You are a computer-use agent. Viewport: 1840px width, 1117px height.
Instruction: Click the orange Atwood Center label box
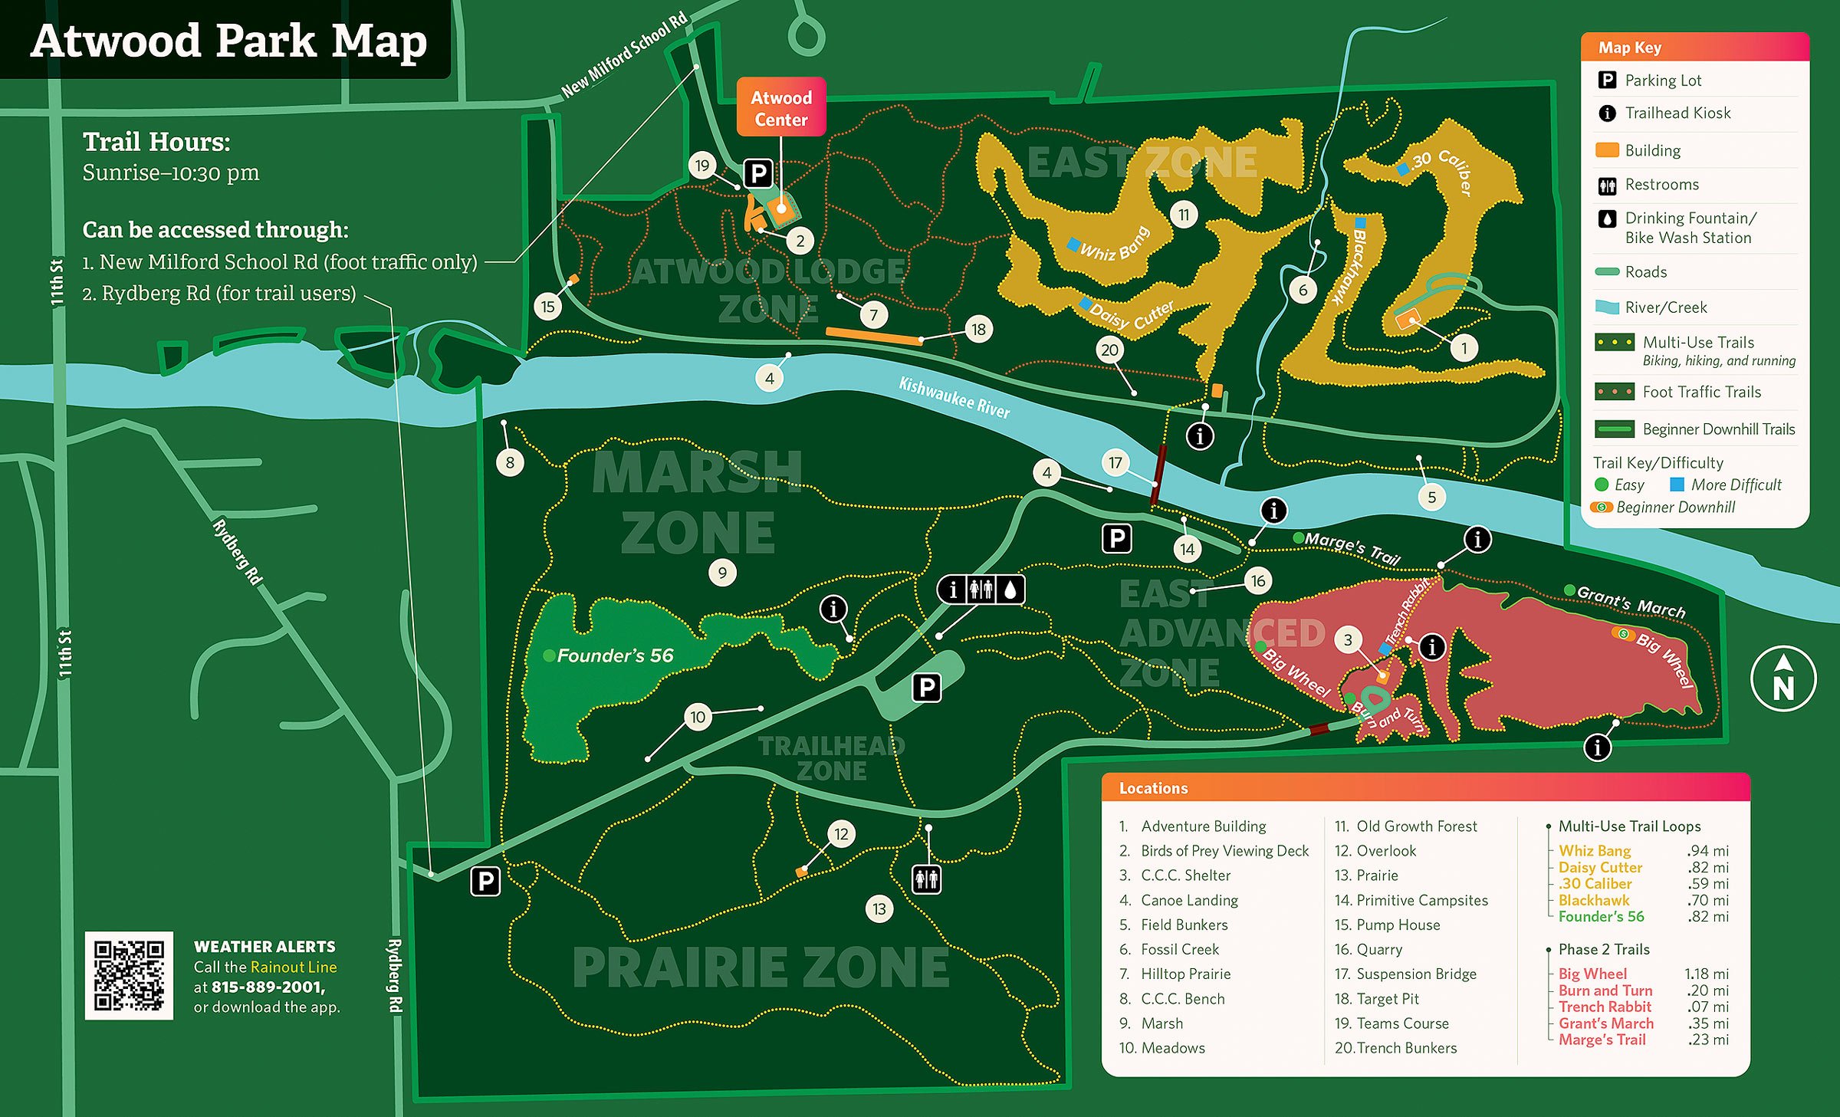point(780,107)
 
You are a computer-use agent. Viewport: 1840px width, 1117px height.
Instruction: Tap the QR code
point(129,975)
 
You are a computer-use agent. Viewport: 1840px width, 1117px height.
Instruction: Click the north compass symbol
point(1783,679)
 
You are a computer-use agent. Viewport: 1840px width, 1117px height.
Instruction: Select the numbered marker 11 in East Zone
point(1184,215)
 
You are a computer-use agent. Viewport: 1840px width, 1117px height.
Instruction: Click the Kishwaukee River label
point(954,398)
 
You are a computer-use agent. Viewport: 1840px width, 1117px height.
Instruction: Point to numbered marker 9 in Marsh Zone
point(722,573)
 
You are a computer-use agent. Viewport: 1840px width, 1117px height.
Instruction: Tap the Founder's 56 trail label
point(615,655)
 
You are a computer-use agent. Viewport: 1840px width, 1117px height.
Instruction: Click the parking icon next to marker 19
point(758,173)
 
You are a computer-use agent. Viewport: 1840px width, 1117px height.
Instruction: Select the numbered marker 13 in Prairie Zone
point(879,909)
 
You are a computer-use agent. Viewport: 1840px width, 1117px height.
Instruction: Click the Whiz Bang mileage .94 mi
point(1707,850)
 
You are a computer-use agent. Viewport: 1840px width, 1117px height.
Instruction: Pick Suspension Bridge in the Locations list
point(1415,974)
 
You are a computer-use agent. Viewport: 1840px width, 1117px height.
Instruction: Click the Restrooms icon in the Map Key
point(1607,185)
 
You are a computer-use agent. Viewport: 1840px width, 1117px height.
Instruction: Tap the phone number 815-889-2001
point(268,987)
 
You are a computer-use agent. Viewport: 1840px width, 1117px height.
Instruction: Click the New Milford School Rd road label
point(624,55)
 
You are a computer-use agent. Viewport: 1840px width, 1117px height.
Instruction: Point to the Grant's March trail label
point(1631,602)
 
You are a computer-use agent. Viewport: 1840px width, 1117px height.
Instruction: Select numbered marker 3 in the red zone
point(1348,639)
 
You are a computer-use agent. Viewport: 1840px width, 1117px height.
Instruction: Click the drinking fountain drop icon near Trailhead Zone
point(1010,590)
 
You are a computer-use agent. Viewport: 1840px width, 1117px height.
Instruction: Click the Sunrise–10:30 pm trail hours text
point(171,172)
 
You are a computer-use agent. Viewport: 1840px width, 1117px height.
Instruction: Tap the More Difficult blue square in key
point(1677,485)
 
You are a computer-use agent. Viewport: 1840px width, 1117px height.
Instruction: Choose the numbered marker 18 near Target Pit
point(978,330)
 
